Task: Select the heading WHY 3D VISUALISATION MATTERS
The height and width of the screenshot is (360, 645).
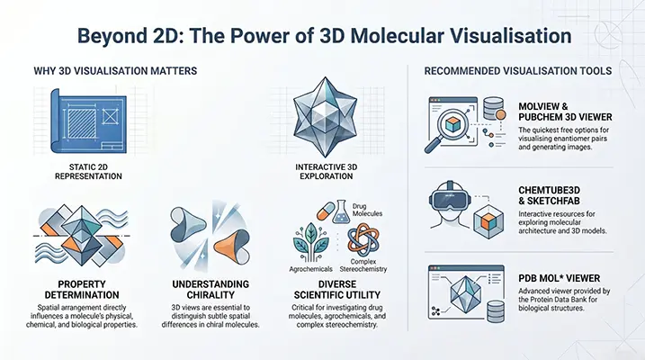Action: [115, 71]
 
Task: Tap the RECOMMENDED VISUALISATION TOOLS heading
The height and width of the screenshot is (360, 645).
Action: [518, 71]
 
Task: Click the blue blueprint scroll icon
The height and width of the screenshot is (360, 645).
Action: [88, 121]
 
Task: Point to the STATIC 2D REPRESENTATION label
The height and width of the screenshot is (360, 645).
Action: [88, 172]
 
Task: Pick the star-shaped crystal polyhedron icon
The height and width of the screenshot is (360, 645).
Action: [326, 117]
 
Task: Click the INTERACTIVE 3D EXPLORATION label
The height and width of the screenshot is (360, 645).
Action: [327, 172]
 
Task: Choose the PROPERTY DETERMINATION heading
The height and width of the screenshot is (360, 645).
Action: [82, 290]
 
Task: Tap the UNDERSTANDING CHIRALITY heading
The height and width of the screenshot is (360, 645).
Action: [211, 290]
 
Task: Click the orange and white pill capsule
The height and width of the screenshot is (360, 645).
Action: [326, 211]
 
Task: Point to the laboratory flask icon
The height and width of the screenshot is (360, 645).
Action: [342, 211]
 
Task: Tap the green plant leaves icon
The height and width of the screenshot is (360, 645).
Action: [310, 242]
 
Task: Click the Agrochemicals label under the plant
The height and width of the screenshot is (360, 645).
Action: [310, 269]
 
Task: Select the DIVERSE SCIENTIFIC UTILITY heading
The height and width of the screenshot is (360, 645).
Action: [337, 290]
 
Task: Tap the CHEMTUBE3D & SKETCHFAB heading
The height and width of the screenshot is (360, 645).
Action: [549, 195]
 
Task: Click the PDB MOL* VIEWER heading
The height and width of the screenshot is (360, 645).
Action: [559, 278]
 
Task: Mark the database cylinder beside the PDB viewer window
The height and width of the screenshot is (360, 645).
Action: [496, 311]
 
